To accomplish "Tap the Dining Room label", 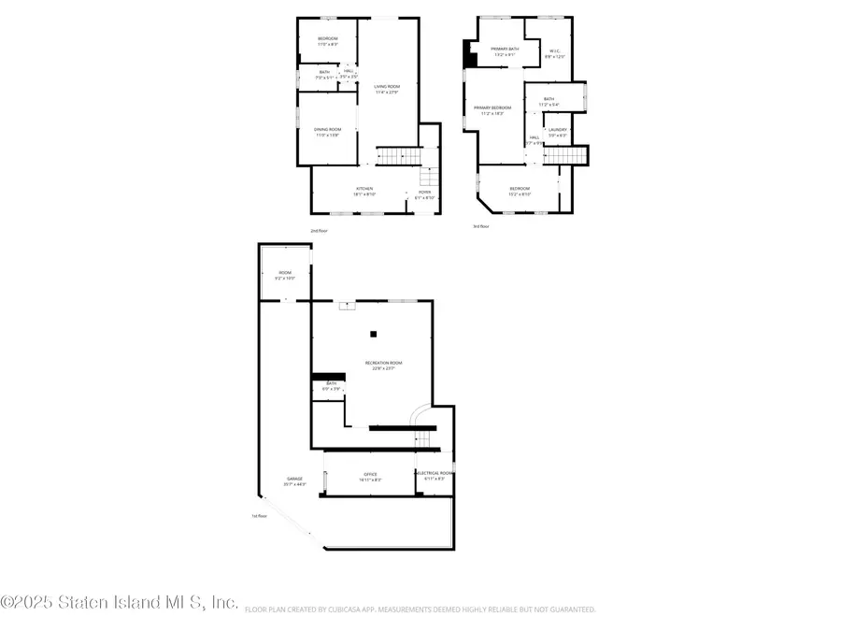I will tap(327, 132).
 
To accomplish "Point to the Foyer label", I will tap(423, 194).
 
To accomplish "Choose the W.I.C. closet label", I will tap(555, 53).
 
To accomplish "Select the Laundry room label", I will tap(557, 132).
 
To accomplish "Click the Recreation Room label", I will tap(383, 365).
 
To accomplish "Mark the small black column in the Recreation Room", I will tap(373, 334).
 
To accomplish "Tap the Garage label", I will tap(295, 481).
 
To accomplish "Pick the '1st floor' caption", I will tap(259, 516).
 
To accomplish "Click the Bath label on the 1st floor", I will tap(331, 385).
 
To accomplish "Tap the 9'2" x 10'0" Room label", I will tap(285, 275).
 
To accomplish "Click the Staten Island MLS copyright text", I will tap(120, 603).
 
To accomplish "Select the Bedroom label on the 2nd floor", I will tap(327, 40).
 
